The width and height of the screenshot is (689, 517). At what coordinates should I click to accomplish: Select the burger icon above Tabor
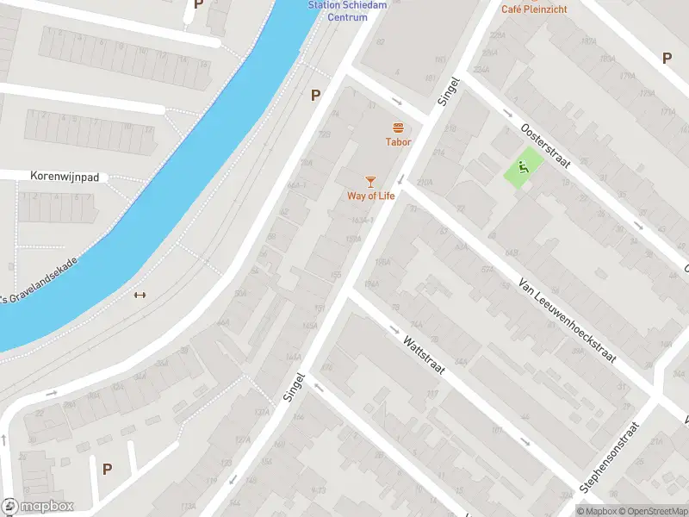(398, 128)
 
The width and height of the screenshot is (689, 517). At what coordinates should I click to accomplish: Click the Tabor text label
(398, 142)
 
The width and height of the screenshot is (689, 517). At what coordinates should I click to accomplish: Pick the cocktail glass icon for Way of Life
(370, 181)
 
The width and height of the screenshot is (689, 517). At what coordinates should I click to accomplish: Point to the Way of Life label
(370, 196)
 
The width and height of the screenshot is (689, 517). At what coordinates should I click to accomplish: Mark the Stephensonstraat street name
(611, 458)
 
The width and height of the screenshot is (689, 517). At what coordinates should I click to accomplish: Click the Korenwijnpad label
(65, 177)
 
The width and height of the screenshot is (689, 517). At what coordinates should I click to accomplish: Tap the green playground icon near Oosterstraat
(523, 166)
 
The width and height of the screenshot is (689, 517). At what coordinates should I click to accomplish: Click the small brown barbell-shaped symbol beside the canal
(140, 295)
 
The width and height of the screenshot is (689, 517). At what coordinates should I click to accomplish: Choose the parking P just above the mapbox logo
(107, 469)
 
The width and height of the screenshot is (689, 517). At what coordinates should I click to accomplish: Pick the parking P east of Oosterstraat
(666, 58)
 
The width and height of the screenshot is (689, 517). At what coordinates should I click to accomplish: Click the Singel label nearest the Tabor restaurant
(449, 90)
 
